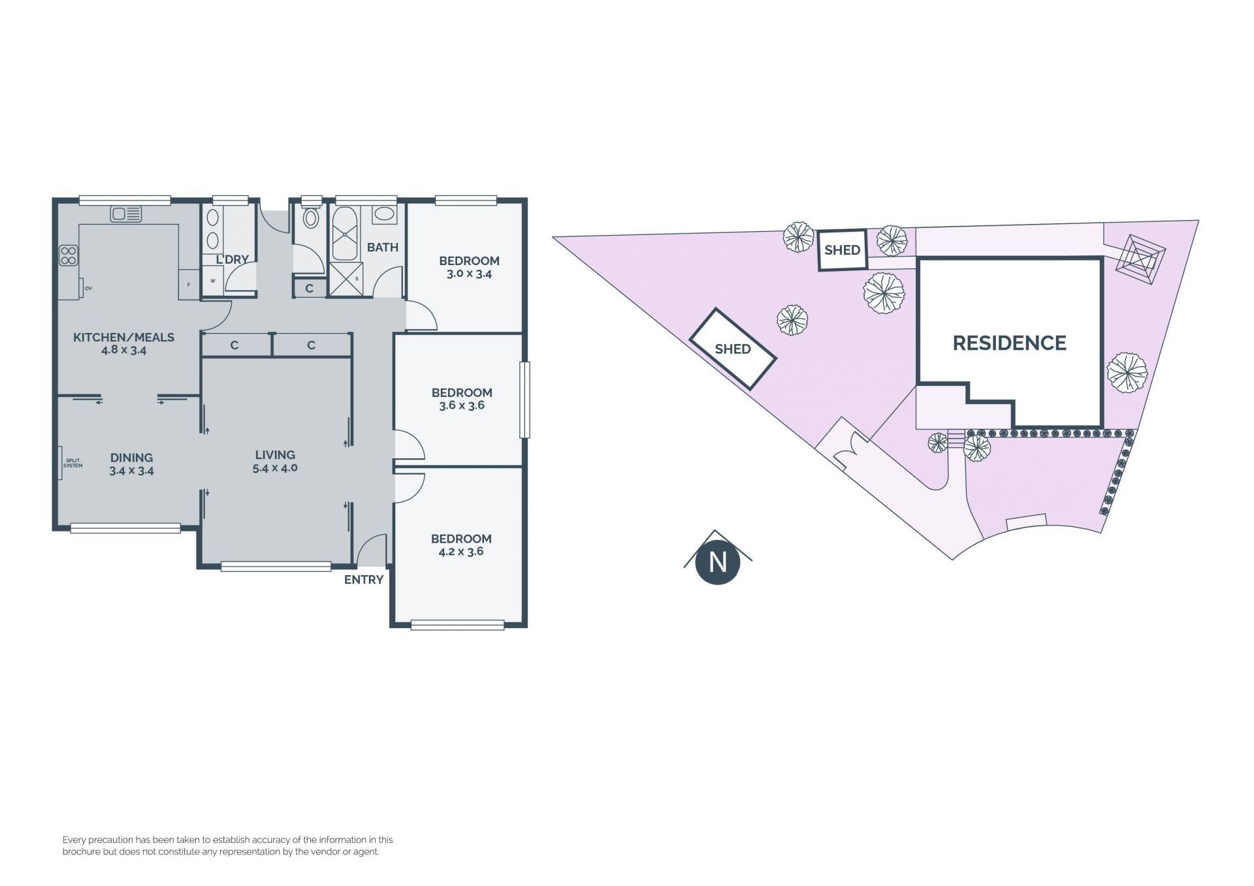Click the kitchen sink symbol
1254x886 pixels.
[126, 214]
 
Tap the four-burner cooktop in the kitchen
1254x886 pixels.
[69, 255]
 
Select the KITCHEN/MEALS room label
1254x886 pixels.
[123, 337]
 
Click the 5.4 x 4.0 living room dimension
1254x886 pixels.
[275, 467]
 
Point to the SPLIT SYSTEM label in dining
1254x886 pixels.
[72, 463]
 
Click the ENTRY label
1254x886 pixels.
[364, 579]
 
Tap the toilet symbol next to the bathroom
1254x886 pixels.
[311, 217]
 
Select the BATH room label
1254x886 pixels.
[383, 247]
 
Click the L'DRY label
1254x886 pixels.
[233, 259]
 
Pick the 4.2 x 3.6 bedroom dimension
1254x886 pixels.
[461, 551]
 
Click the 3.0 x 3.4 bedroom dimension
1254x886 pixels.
[469, 274]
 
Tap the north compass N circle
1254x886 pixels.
[718, 562]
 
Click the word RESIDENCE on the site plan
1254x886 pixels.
[1010, 343]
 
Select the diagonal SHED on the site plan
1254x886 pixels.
[733, 349]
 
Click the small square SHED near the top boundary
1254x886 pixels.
[843, 249]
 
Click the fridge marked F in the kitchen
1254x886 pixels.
[189, 285]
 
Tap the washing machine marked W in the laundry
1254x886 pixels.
[213, 281]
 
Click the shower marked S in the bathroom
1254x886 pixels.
[346, 279]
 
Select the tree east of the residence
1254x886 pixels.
[1127, 373]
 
